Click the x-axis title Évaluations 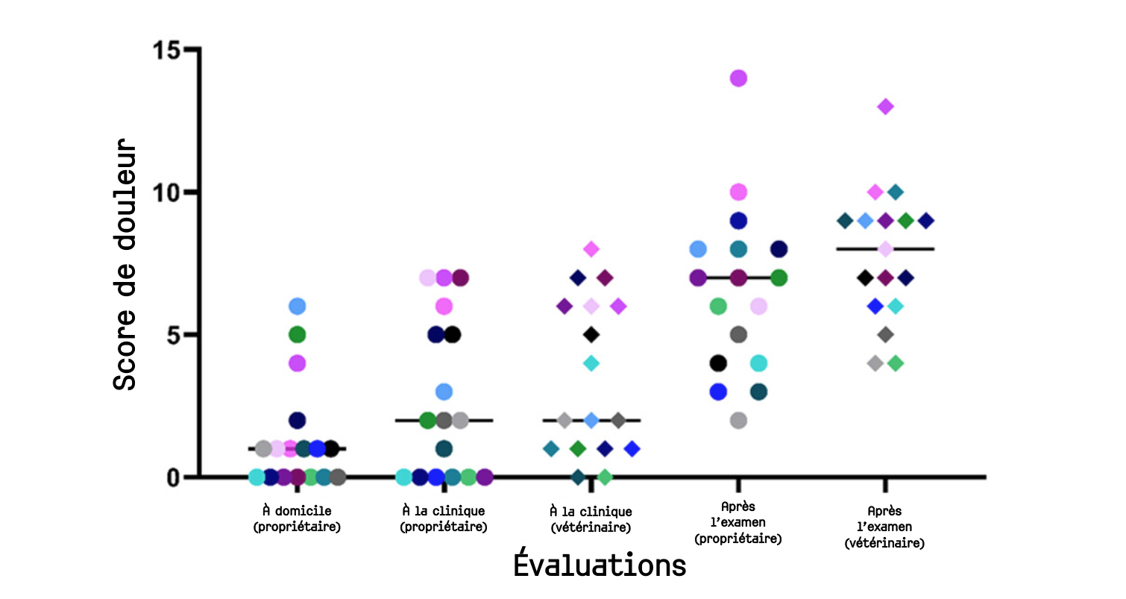click(x=600, y=565)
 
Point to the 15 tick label click(x=166, y=51)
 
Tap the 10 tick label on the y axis click(x=166, y=192)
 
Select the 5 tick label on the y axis click(x=174, y=335)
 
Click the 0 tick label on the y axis click(x=174, y=477)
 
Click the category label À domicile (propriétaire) click(x=297, y=519)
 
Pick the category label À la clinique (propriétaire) click(x=444, y=519)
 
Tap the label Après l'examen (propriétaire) click(x=738, y=525)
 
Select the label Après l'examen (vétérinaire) click(x=885, y=527)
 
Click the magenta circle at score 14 click(x=738, y=78)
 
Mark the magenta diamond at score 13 click(x=885, y=107)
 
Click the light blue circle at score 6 click(x=298, y=306)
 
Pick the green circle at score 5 click(x=298, y=334)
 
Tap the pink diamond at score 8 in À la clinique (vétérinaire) click(x=591, y=249)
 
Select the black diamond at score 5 click(x=591, y=334)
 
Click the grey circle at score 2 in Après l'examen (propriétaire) click(x=738, y=420)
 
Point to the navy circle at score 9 click(x=738, y=221)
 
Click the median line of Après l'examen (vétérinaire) click(x=917, y=249)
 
